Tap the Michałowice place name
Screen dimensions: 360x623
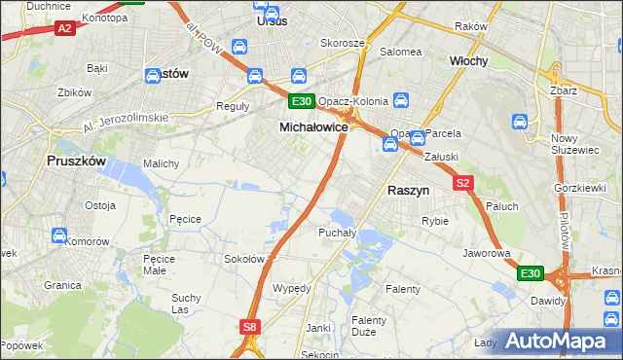coord(314,127)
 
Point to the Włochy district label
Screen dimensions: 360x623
coord(468,60)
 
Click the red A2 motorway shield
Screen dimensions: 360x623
coord(65,29)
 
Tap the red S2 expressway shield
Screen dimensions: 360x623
coord(461,183)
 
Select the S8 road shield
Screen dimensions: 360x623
coord(251,328)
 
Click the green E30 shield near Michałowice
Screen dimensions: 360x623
coord(301,101)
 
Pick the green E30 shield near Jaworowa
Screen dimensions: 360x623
coord(530,274)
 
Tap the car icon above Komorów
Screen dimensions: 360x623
coord(58,235)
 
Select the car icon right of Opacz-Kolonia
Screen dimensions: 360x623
coord(401,100)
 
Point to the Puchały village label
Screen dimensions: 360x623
coord(337,233)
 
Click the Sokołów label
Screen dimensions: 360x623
coord(245,259)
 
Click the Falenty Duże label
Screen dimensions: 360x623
coord(369,326)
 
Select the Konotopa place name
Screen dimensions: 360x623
coord(105,18)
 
